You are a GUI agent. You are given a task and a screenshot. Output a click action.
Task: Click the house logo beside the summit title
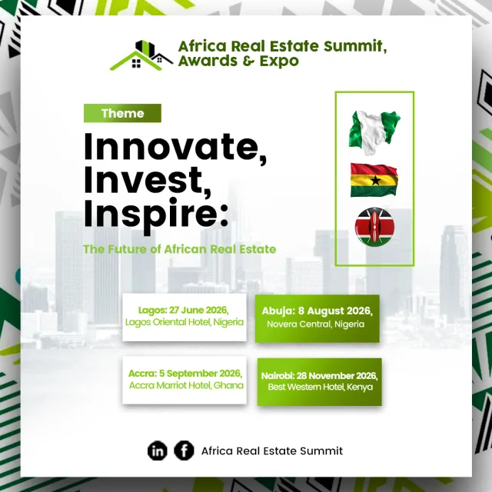(x=141, y=55)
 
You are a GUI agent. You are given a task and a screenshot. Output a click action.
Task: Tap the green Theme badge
(x=122, y=113)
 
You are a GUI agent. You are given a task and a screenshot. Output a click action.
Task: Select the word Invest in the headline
(x=147, y=181)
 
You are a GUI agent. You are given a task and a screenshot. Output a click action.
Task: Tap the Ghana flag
(x=374, y=180)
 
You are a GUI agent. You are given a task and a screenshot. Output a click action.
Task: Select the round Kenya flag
(x=374, y=227)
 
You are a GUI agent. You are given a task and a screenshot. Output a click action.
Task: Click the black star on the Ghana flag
(x=376, y=180)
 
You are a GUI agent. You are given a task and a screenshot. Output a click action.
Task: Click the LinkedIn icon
(x=157, y=451)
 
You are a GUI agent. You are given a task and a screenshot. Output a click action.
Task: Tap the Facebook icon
(x=184, y=450)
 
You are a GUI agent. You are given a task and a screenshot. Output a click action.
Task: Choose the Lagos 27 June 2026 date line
(x=183, y=310)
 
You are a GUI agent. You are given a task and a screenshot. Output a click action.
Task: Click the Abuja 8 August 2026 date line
(x=317, y=311)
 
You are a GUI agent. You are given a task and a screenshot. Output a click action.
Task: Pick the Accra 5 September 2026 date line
(x=185, y=374)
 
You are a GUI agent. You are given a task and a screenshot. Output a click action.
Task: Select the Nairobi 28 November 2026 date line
(x=320, y=376)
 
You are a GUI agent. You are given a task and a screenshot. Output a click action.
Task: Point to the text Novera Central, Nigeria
(x=316, y=324)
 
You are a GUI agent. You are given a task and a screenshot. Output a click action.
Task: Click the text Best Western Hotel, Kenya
(x=321, y=387)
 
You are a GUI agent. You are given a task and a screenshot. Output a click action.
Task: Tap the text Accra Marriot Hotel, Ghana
(x=186, y=385)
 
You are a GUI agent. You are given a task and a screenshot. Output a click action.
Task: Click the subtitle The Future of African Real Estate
(x=180, y=249)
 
